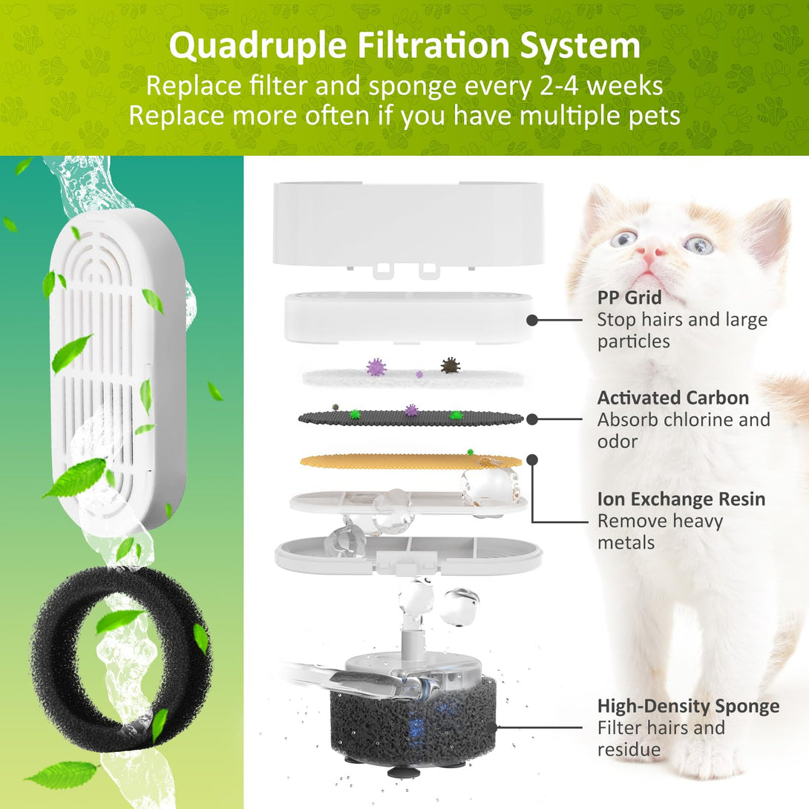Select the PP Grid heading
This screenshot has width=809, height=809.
[x=629, y=298]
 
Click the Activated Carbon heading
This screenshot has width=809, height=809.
[x=673, y=398]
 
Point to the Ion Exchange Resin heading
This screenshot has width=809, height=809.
[x=681, y=499]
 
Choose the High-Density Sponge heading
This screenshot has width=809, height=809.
[x=688, y=706]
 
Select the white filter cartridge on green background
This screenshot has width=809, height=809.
[x=117, y=368]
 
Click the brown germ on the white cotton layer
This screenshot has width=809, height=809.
[x=451, y=364]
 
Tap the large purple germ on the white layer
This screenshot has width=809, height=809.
[x=376, y=367]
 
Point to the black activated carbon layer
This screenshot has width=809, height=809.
[x=410, y=419]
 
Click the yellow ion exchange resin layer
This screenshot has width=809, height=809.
[x=410, y=461]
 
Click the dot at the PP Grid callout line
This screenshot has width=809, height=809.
[x=532, y=321]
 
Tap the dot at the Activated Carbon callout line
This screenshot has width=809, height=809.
[x=532, y=419]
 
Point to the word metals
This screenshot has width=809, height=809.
[x=626, y=543]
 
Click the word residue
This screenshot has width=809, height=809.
[x=629, y=749]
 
